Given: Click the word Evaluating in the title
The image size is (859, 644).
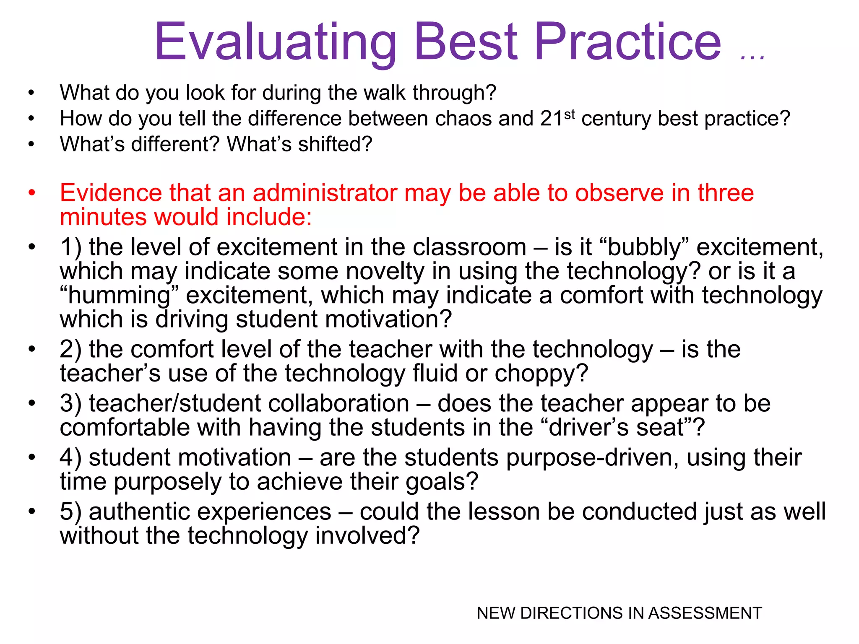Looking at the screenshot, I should coord(275,42).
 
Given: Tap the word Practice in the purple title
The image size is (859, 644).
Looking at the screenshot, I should coord(627,42).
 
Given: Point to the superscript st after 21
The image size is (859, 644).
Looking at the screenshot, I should coord(569,114).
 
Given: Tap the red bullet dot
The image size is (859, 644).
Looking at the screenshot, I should coord(31,193).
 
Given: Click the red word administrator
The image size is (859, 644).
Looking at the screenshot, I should coord(325,193).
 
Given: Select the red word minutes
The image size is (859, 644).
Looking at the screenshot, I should coord(103,217).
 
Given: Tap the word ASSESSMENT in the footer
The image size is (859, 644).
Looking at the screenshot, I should coord(705,613).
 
